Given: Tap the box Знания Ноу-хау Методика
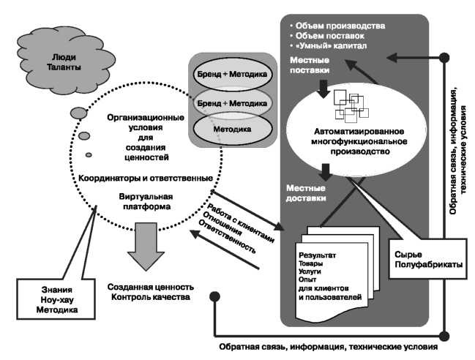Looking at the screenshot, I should point(49,300).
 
